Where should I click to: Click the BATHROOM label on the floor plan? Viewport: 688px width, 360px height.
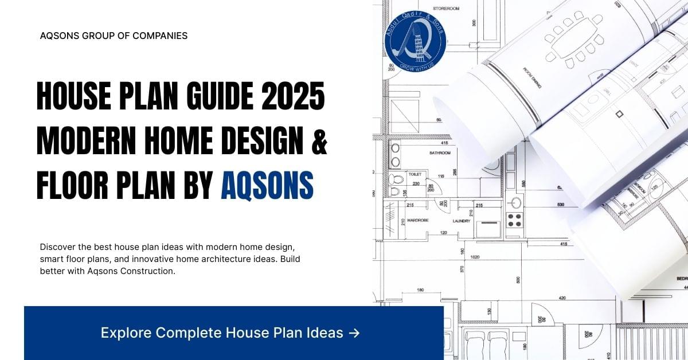point(440,153)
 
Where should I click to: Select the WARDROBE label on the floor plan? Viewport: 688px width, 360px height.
point(419,220)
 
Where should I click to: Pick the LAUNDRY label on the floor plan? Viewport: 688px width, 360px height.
point(461,220)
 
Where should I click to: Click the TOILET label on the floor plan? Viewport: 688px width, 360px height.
point(415,173)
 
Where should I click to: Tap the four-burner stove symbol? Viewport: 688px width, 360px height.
point(514,219)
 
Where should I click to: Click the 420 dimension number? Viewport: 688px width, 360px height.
point(562,298)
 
